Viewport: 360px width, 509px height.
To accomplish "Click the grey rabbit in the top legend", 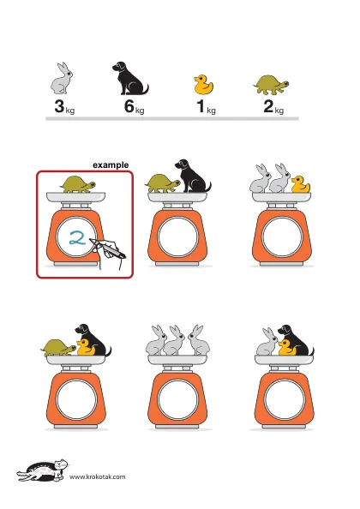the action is (62, 79).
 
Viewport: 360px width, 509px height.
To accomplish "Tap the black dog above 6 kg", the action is (129, 79).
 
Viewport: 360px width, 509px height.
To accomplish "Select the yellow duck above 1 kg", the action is (203, 84).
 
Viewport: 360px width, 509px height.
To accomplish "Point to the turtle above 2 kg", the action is (271, 85).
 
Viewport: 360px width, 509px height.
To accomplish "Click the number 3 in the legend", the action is (59, 106).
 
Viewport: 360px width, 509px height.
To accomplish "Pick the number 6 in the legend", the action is (129, 106).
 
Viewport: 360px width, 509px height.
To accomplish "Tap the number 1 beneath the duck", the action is (201, 106).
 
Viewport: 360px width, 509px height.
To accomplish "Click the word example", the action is (111, 165).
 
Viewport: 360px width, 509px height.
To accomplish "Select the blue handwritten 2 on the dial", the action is (77, 237).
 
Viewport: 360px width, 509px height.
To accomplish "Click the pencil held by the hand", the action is (107, 249).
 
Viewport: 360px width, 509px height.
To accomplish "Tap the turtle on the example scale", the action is (77, 184).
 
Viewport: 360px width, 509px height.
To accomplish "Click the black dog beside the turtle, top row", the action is (192, 176).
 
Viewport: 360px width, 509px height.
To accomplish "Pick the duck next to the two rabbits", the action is (300, 184).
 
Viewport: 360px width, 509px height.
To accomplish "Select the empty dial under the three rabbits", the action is (177, 399).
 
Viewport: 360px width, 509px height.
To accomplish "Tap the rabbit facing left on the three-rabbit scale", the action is (199, 339).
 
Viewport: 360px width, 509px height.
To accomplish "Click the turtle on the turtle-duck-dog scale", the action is (58, 348).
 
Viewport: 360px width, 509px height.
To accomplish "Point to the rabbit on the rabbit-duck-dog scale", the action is (267, 342).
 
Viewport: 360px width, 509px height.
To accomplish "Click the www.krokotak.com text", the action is (98, 476).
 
